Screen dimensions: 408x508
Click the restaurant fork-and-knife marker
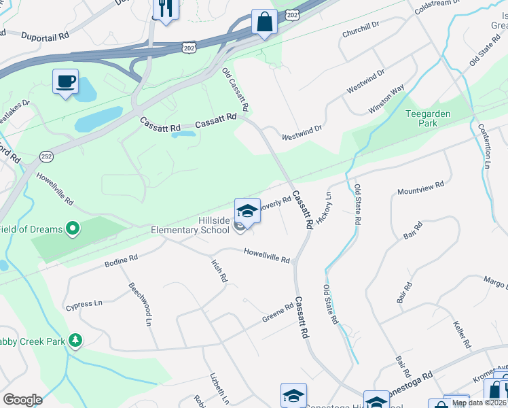coord(165,8)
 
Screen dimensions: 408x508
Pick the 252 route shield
coord(46,156)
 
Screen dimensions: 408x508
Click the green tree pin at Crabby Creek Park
coord(76,340)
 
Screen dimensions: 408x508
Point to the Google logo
coord(23,400)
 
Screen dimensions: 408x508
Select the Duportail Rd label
coord(46,36)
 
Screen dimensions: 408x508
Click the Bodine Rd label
coord(122,260)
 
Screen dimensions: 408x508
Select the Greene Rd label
coord(278,313)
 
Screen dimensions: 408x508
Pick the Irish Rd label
coord(219,271)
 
